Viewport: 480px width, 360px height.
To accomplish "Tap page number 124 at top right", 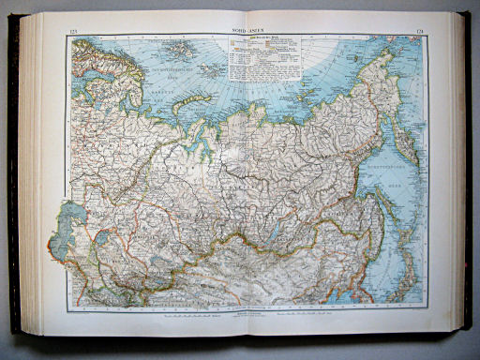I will [415, 33].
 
